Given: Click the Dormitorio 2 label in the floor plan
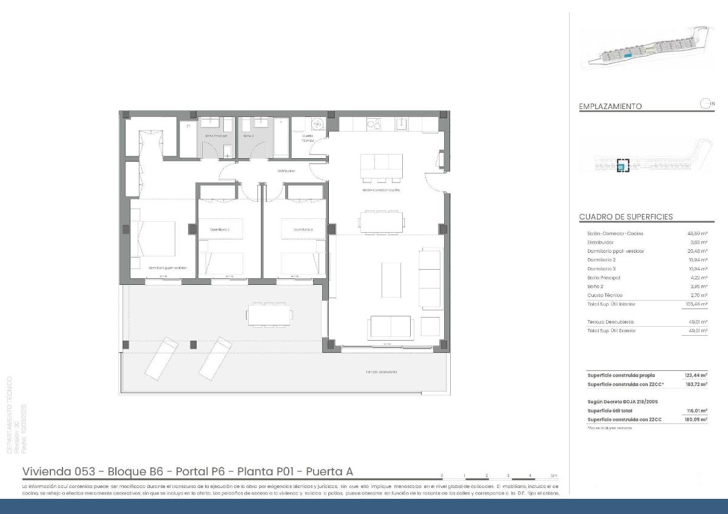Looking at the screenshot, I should (219, 230).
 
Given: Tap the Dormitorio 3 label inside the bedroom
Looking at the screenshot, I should (303, 230).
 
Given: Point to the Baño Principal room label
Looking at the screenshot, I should (215, 136).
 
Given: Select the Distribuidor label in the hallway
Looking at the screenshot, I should (286, 171).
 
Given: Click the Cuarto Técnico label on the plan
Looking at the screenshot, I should (308, 138).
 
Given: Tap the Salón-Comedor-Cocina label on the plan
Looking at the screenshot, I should (381, 190).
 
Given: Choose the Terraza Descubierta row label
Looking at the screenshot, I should (610, 322).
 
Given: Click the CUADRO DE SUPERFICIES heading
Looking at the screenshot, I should (625, 217).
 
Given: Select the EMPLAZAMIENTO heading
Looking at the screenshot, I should (610, 107).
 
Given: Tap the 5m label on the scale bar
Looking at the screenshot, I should (553, 476).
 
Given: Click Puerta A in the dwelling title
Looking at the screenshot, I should (329, 472).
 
